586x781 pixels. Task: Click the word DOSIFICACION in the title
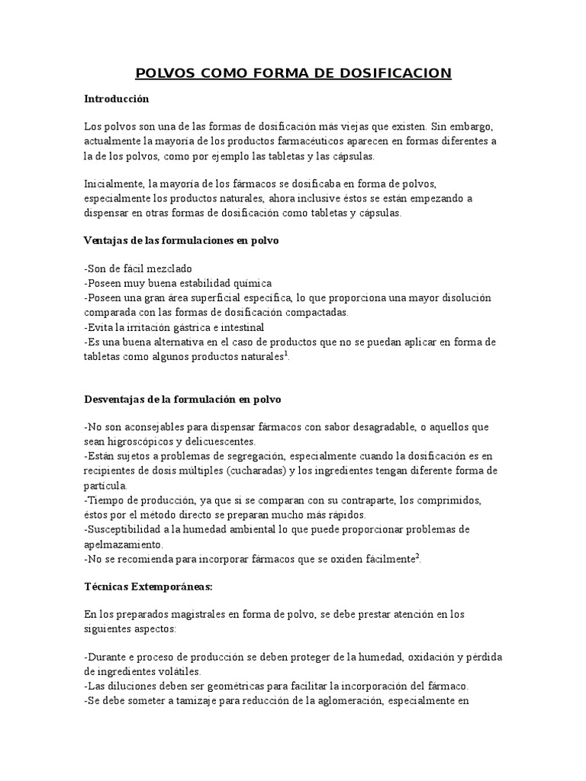[398, 73]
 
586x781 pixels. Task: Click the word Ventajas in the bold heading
[105, 240]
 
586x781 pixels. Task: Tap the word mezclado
[163, 269]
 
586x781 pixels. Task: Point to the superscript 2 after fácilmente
[417, 556]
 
